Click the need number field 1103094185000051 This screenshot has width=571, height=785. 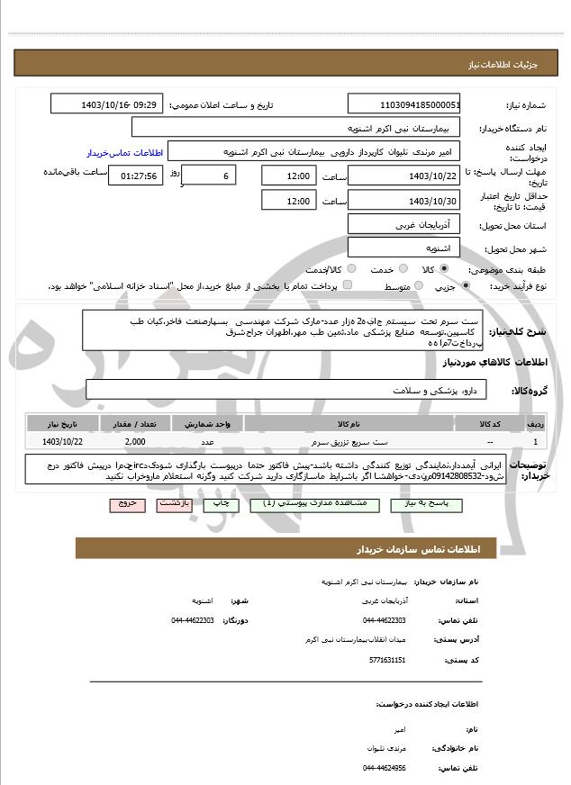(404, 105)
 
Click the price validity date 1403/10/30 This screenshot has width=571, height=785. (404, 201)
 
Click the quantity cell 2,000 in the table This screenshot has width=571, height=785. (135, 442)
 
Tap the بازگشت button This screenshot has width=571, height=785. (174, 505)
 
